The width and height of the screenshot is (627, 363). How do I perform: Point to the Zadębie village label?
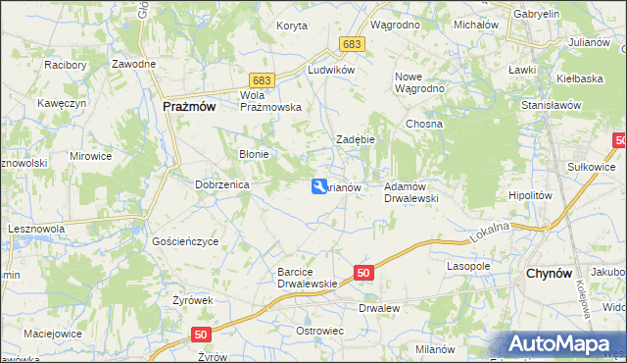pos(356,139)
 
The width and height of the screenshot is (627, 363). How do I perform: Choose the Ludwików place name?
pos(330,71)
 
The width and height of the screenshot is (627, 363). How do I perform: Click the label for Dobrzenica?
pos(223,183)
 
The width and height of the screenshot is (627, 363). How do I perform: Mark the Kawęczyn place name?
pos(57,102)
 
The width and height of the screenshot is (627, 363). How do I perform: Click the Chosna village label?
pos(424,125)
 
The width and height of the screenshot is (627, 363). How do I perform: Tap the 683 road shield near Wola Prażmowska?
pos(261,78)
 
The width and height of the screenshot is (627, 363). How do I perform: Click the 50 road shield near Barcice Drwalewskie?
pos(363,274)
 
